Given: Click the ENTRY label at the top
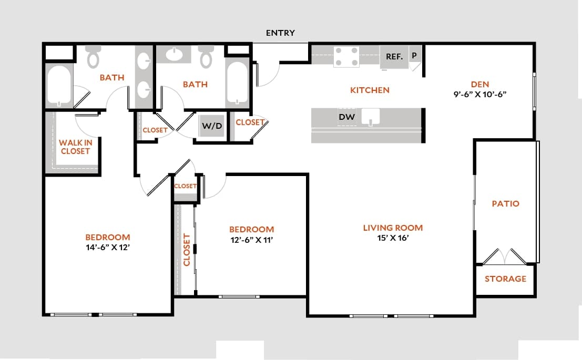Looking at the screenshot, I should point(280,33).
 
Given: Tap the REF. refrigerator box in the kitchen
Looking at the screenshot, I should point(394,57).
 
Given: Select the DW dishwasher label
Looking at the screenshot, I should point(346,117).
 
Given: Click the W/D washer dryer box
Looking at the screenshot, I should point(211,126).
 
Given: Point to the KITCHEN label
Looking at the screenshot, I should point(370,90).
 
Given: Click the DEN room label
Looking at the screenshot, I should point(479,84).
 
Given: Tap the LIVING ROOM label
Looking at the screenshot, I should point(393,228).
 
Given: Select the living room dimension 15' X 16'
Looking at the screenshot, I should point(393,238).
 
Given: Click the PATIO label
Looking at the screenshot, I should point(505,203).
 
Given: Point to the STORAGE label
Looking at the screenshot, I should point(505,279).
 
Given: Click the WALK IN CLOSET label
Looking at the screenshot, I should point(75,147).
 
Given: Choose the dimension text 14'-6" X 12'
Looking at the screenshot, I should point(108,247).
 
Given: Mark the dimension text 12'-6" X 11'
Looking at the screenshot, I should point(251,240).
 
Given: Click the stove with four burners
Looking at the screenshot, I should point(346,57).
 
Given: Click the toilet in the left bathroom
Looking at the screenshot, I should point(93,57).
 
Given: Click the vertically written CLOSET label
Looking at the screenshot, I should point(186,249).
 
